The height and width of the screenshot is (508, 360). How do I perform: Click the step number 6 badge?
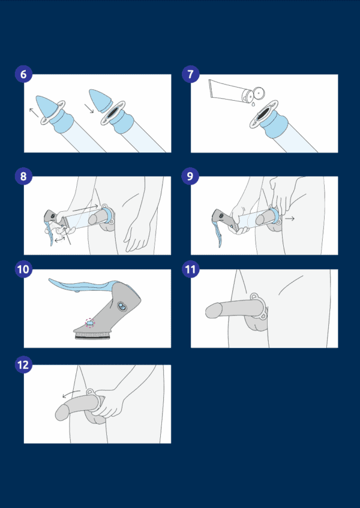[23, 74]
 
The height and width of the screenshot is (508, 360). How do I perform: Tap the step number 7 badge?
[190, 74]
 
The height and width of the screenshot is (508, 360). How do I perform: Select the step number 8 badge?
[23, 176]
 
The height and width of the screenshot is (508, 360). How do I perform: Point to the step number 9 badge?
[190, 176]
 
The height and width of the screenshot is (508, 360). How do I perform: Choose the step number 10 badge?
[23, 269]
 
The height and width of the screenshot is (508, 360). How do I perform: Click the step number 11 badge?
[190, 269]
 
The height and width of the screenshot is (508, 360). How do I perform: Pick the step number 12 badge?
[23, 365]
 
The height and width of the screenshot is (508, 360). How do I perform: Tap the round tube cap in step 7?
[259, 93]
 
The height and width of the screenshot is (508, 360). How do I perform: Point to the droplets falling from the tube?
[253, 103]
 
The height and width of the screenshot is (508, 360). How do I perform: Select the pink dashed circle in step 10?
[90, 323]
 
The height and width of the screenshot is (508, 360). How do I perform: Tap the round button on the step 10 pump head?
[122, 306]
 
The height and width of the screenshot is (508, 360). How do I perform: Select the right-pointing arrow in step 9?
[290, 219]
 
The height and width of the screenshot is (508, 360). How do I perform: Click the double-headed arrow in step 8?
[59, 240]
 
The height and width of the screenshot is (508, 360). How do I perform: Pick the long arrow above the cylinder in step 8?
[85, 208]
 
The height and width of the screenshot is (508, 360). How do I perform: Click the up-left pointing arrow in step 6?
[34, 112]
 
